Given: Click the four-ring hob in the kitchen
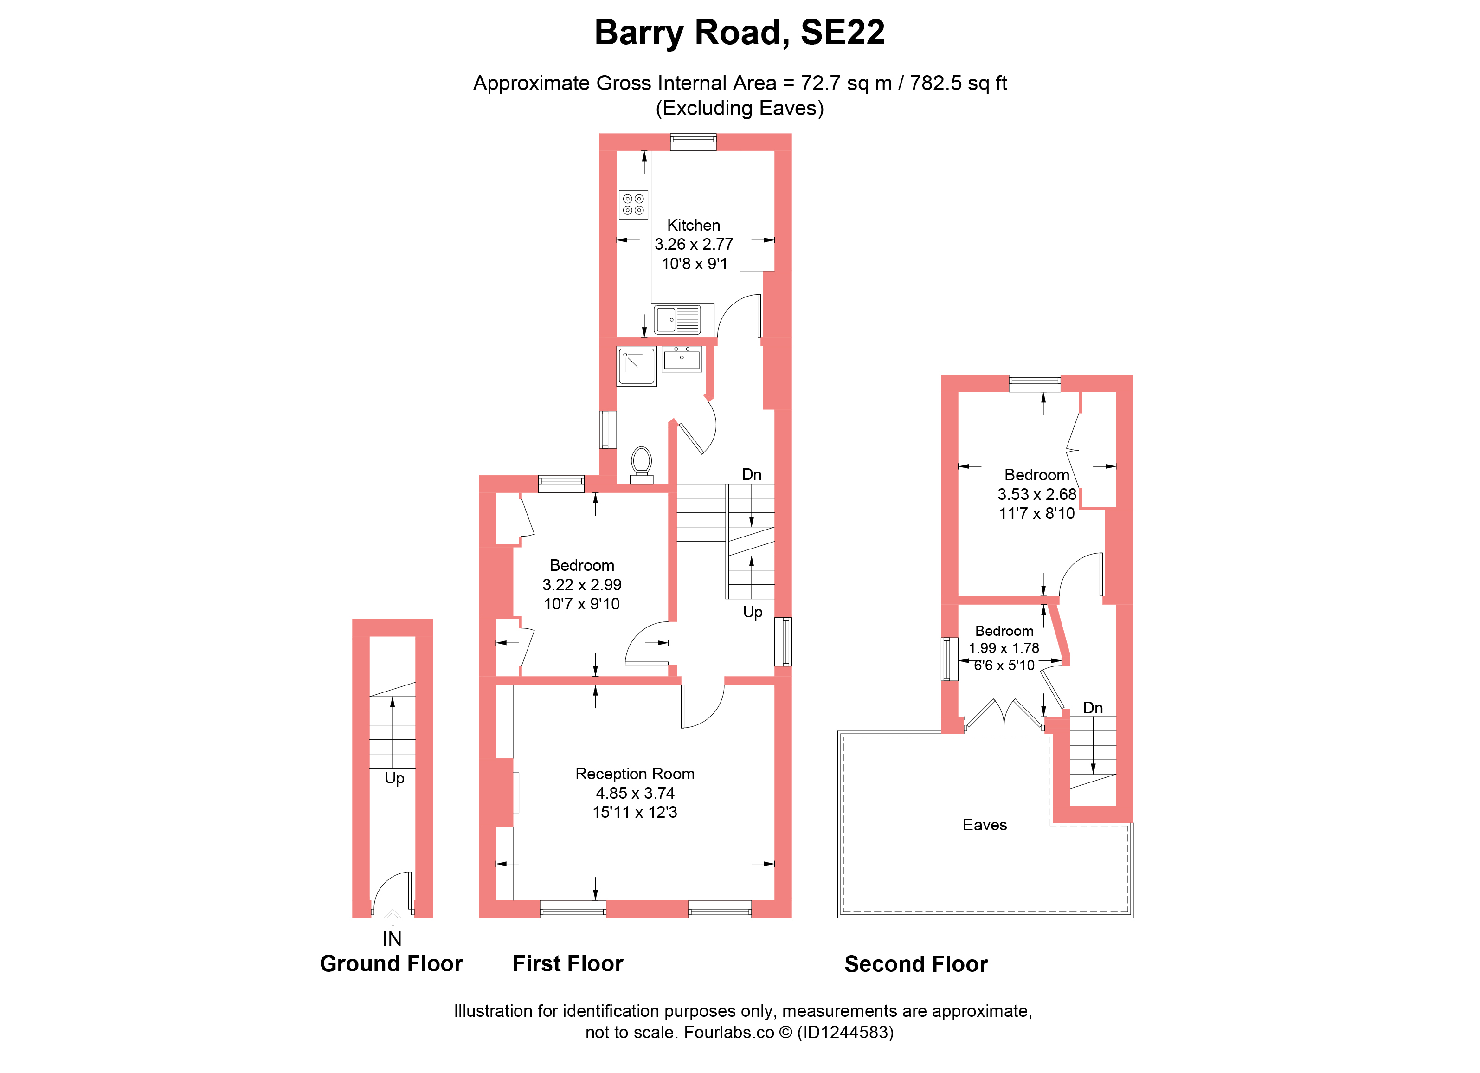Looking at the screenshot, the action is pyautogui.click(x=633, y=204).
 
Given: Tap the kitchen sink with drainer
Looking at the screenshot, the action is pyautogui.click(x=677, y=320).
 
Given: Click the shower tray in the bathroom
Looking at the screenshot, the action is pyautogui.click(x=636, y=366).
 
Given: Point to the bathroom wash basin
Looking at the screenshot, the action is pyautogui.click(x=682, y=359).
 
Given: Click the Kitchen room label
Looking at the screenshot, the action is pyautogui.click(x=693, y=225).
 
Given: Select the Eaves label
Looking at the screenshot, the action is pyautogui.click(x=985, y=825).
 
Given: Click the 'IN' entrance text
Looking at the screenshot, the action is pyautogui.click(x=392, y=939).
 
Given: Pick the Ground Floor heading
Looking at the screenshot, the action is pyautogui.click(x=391, y=964).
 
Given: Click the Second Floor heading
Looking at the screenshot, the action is pyautogui.click(x=916, y=965).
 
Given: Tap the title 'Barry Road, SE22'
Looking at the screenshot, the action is pyautogui.click(x=740, y=32).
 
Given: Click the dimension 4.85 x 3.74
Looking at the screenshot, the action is pyautogui.click(x=635, y=793).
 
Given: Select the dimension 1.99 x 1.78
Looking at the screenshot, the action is pyautogui.click(x=1004, y=648).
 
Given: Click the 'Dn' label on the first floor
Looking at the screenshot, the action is pyautogui.click(x=752, y=474).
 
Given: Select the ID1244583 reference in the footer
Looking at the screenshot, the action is pyautogui.click(x=845, y=1033).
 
